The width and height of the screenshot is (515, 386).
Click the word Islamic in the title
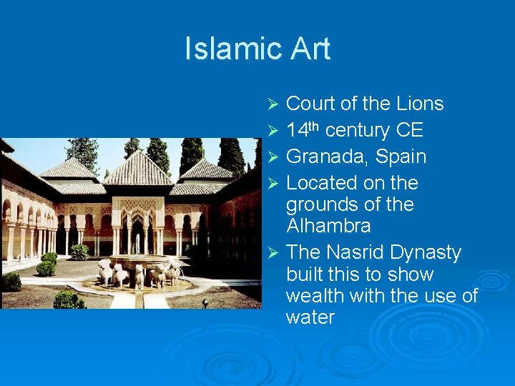(228, 49)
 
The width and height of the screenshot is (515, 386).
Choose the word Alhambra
(328, 226)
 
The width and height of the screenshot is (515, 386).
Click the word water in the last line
(310, 317)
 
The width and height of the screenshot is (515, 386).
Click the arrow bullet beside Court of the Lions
(272, 104)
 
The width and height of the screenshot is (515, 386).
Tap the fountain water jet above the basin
(137, 244)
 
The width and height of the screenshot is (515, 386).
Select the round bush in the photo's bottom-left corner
(11, 282)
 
